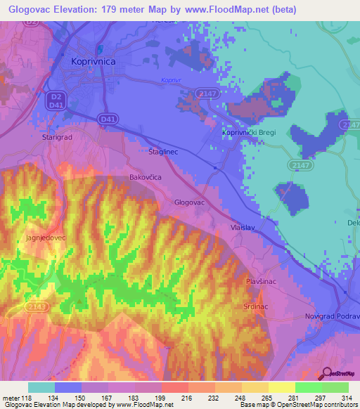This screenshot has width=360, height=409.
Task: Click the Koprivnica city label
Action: click(94, 62)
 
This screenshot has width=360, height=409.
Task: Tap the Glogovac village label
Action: click(189, 202)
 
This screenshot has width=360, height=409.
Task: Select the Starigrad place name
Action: click(58, 138)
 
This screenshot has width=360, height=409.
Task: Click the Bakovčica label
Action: click(146, 178)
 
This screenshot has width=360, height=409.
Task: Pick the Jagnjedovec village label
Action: click(45, 238)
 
